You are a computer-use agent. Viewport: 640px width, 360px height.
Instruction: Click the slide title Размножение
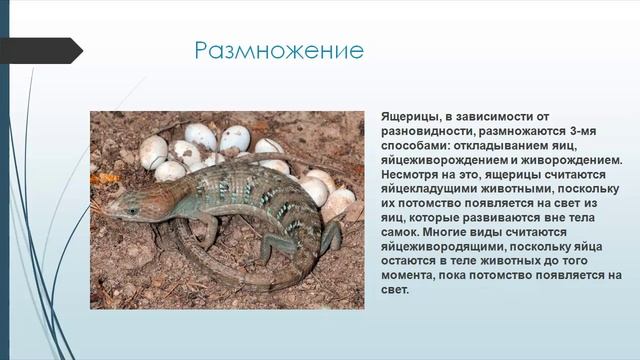click(279, 49)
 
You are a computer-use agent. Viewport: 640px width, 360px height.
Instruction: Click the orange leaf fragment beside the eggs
click(103, 178)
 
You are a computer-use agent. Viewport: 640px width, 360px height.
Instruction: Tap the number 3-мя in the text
click(587, 131)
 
